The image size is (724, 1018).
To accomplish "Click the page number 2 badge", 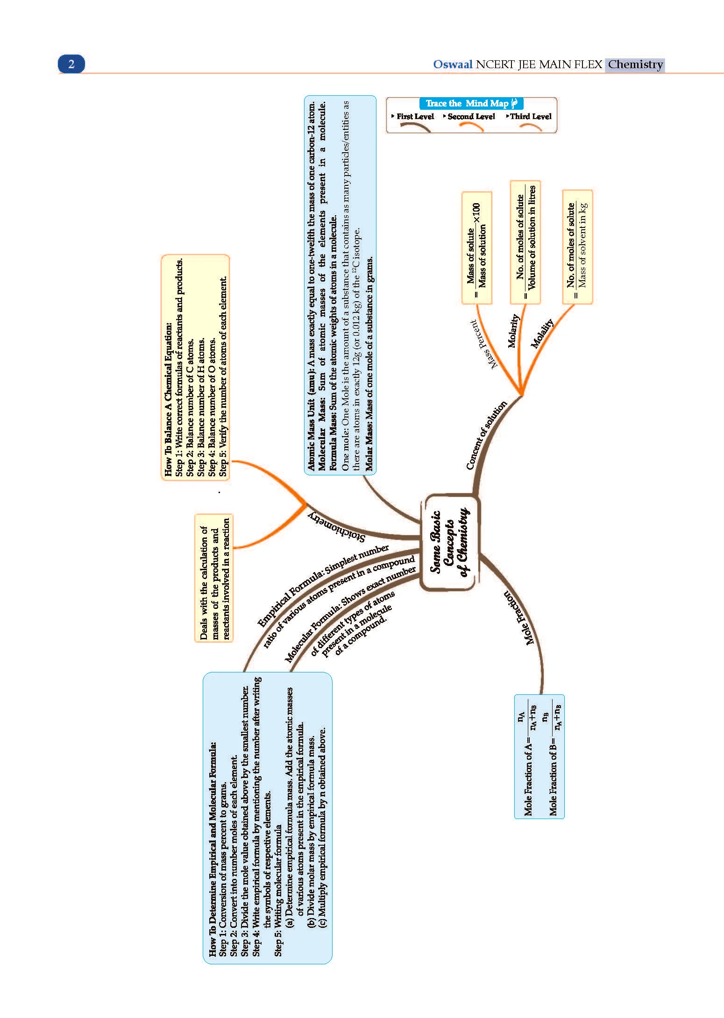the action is point(71,64).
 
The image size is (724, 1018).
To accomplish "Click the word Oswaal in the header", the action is point(453,64).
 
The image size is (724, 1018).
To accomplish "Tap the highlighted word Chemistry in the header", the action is point(635,64).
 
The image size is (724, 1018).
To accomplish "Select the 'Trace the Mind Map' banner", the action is point(471,103).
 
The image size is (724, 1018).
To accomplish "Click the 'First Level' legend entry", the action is point(413,117).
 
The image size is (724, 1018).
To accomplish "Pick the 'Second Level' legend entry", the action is point(469,117).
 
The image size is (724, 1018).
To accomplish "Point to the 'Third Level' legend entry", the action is point(529,117).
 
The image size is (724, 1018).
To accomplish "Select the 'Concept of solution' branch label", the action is point(486,435).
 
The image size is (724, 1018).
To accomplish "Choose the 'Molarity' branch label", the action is point(513,331).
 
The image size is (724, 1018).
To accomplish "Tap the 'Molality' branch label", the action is point(542,333).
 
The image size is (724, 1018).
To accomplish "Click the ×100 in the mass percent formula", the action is point(476,213).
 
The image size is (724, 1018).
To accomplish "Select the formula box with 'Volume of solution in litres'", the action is point(525,242).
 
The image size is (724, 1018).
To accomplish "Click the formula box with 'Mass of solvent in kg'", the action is point(577,247).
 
